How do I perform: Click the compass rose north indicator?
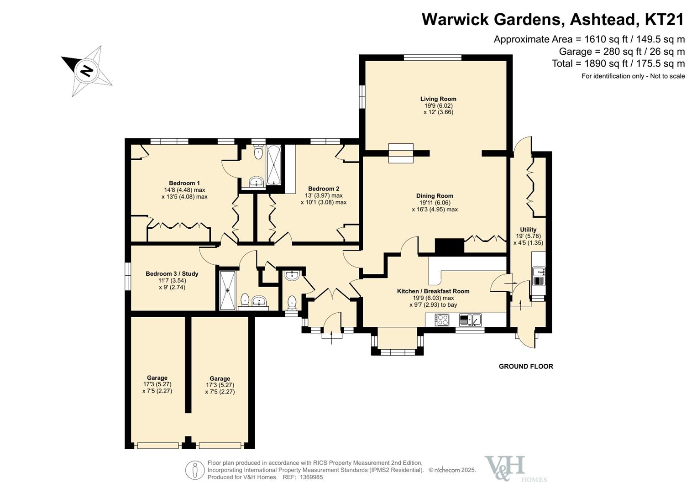(86, 71)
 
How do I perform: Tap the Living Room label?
(438, 99)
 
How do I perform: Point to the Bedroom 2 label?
(324, 189)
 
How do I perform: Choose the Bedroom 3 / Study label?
(172, 274)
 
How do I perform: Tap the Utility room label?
(528, 230)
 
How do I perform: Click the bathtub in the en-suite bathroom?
(274, 164)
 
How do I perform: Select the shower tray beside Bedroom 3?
(227, 290)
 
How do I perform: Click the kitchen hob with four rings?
(442, 320)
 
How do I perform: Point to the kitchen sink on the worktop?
(470, 320)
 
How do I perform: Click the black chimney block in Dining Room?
(449, 246)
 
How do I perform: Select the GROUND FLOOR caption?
(526, 367)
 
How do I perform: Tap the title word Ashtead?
(603, 20)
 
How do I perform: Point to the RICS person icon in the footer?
(194, 470)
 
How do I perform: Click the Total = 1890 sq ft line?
(618, 63)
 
